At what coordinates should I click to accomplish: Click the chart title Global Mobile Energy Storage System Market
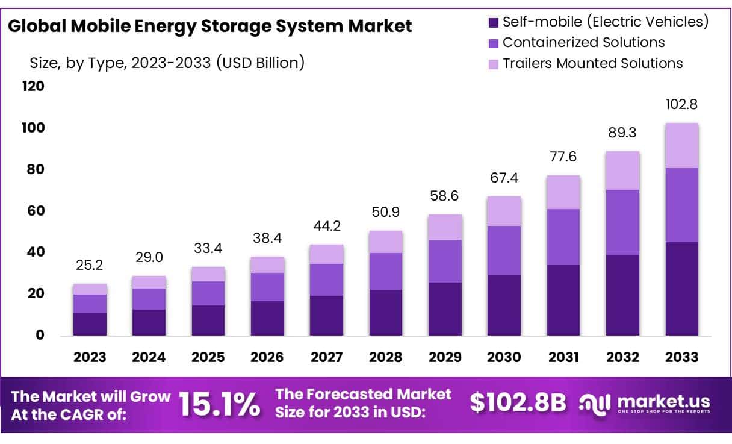click(x=210, y=26)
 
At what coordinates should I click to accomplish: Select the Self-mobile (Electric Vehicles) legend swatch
click(x=494, y=23)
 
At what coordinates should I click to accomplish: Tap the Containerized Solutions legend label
click(x=583, y=42)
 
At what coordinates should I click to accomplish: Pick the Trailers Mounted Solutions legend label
click(x=592, y=63)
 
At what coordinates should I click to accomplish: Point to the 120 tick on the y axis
click(x=33, y=86)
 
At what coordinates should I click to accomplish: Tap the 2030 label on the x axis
click(x=504, y=357)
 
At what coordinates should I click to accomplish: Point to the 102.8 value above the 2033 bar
click(x=681, y=104)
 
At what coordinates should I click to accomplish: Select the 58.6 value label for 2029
click(x=445, y=196)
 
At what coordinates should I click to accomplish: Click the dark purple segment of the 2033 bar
click(x=681, y=289)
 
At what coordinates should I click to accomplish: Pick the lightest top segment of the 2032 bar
click(x=622, y=170)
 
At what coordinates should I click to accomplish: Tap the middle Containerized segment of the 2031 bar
click(x=563, y=237)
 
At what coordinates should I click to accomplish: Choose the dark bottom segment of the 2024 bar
click(x=149, y=322)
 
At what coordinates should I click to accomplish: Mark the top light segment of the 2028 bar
click(x=385, y=242)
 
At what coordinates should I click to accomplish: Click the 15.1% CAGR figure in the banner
click(x=220, y=405)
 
